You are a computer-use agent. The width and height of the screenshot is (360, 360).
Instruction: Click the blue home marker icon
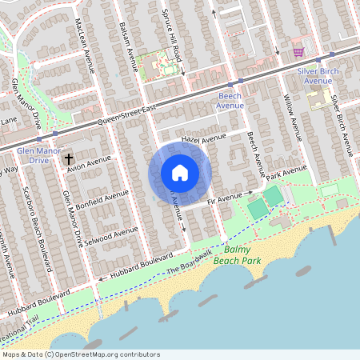coord(180,172)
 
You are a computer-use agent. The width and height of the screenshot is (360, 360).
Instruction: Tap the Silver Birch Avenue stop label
coord(314,76)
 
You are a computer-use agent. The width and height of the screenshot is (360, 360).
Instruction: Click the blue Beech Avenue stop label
coord(230,100)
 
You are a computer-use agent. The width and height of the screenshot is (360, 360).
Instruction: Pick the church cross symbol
coord(70,160)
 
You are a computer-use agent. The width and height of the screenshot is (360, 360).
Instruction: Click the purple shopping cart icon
coord(298,52)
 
